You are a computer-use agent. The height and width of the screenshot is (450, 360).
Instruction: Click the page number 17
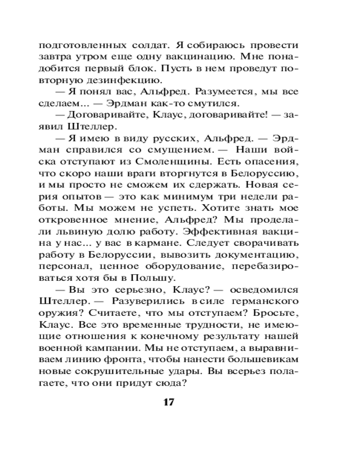pyautogui.click(x=168, y=401)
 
